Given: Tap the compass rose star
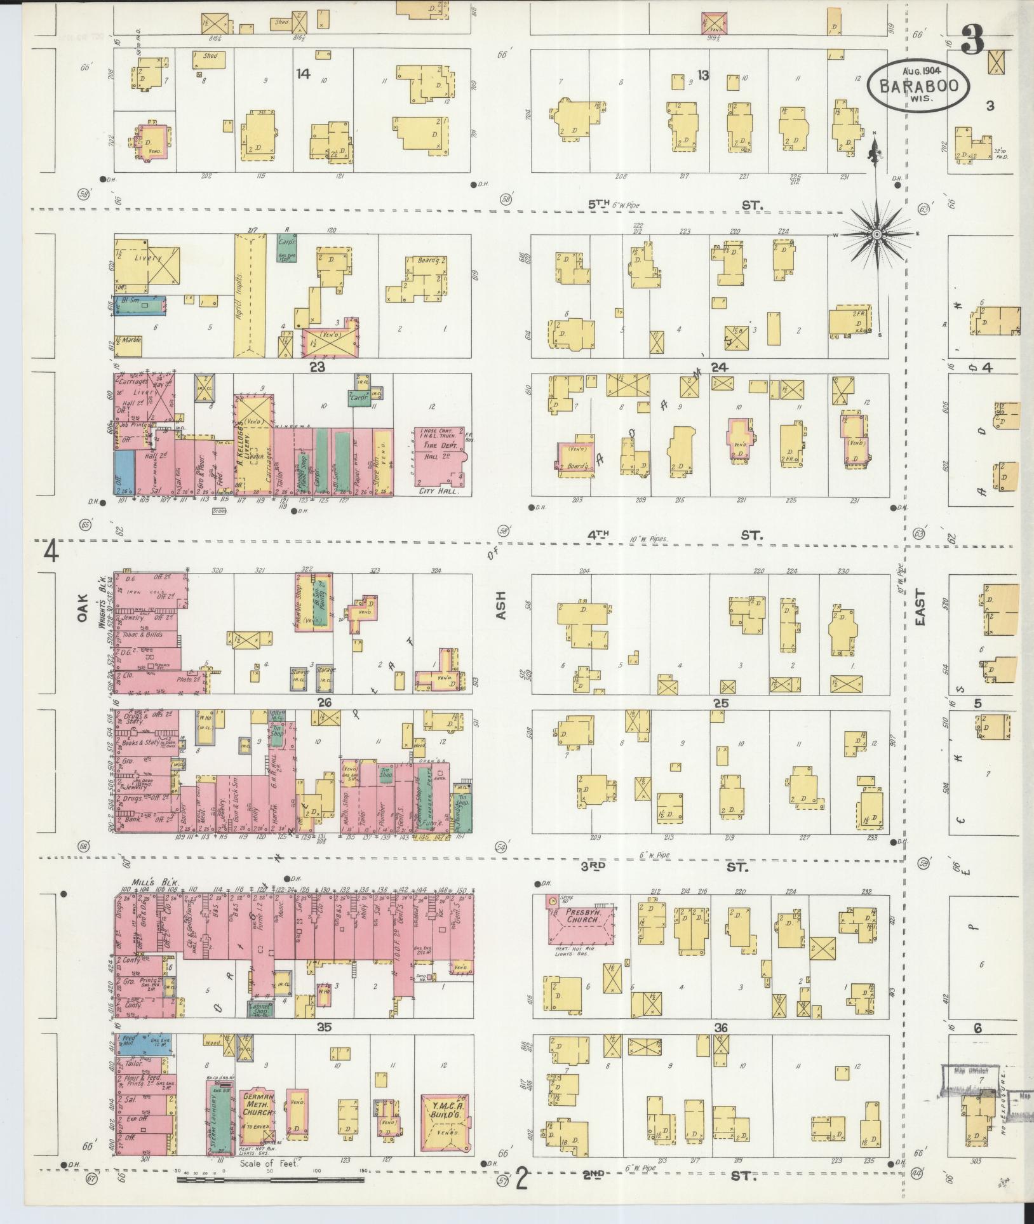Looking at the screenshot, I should click(876, 235).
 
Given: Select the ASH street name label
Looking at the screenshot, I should click(501, 605).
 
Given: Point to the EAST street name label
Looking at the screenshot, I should click(920, 607).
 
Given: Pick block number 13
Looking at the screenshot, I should click(702, 76).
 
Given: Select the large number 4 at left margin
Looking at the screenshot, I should click(51, 551).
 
